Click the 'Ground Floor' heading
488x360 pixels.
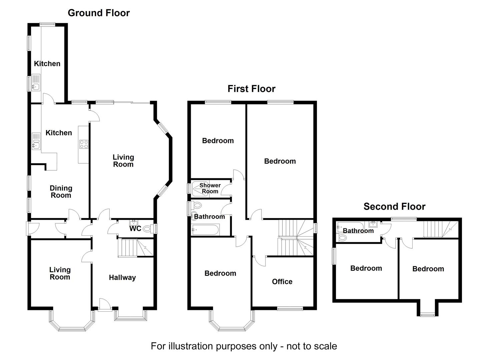98,13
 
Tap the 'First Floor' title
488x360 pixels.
251,89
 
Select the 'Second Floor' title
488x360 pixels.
394,207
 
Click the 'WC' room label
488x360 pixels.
135,229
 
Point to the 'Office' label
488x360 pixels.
282,282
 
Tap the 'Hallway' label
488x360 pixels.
122,278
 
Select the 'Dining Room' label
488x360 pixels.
61,192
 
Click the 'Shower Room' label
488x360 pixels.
210,188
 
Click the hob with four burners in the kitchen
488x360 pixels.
84,144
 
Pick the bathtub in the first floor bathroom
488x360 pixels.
205,229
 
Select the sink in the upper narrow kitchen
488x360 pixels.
35,87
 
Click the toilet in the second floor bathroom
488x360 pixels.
342,238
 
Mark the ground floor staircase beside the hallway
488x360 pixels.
135,248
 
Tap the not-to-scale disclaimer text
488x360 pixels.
244,346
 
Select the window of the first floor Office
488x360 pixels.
290,309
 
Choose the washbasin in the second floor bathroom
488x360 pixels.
373,224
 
